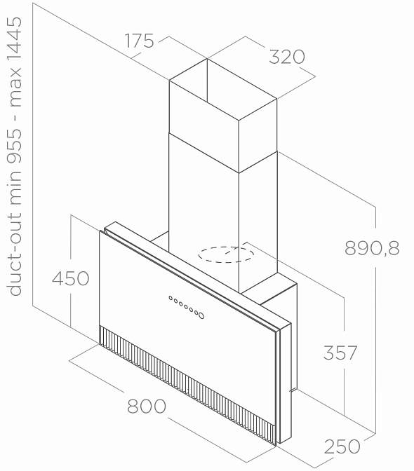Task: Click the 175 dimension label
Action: [139, 41]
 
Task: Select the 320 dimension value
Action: [287, 57]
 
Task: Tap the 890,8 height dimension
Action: [372, 248]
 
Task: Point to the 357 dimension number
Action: [340, 353]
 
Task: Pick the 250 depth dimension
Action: [342, 446]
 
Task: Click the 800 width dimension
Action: [147, 406]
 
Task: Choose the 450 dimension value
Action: [70, 278]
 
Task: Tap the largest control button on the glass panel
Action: [201, 315]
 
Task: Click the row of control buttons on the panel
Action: [187, 307]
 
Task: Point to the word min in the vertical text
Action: [15, 189]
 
